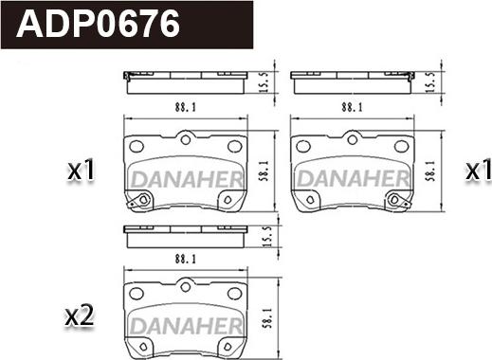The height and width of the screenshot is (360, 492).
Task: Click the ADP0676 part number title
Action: tap(98, 25)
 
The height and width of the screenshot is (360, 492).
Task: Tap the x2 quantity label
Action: tap(80, 316)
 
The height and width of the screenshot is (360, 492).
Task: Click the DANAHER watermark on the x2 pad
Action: tap(186, 326)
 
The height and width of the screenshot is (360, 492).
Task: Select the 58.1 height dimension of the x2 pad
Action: tap(267, 317)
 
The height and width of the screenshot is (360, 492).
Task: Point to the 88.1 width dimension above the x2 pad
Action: tap(186, 260)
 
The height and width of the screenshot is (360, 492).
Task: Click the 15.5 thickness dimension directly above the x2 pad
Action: tap(266, 236)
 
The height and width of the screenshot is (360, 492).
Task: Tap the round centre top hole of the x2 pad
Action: tap(186, 287)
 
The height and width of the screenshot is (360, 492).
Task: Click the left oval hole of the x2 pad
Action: tap(137, 294)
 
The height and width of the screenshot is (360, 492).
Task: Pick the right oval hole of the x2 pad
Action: tap(234, 294)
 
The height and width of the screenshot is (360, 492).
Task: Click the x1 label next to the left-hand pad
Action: tap(82, 171)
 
